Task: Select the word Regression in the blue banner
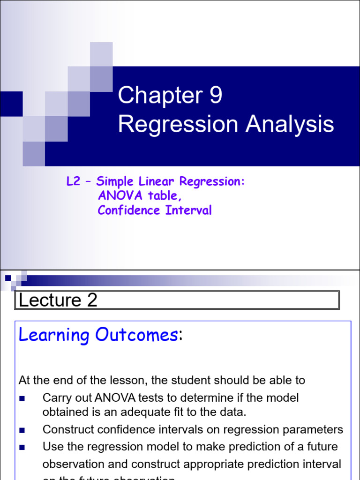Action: [x=172, y=125]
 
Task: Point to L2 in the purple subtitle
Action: [x=74, y=182]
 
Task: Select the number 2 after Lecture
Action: [x=92, y=300]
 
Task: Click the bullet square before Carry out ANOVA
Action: [x=22, y=399]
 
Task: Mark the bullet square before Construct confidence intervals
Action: [x=22, y=430]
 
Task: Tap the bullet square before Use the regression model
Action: [x=22, y=447]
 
